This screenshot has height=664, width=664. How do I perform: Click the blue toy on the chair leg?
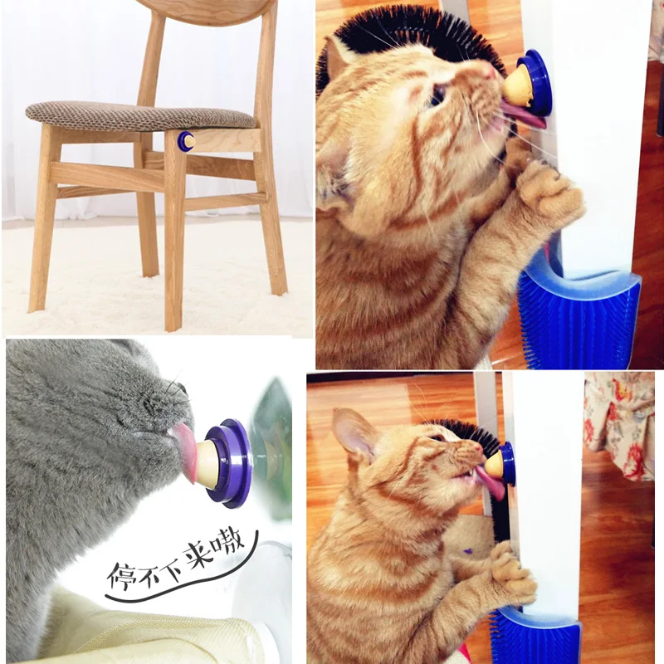[185, 141]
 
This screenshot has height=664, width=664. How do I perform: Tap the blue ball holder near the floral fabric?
[507, 463]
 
